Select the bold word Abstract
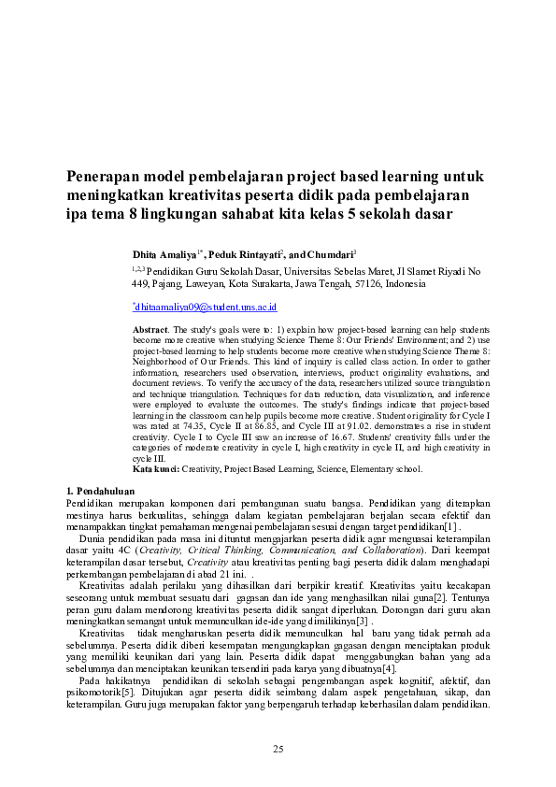tap(150, 331)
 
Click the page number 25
tap(278, 749)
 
